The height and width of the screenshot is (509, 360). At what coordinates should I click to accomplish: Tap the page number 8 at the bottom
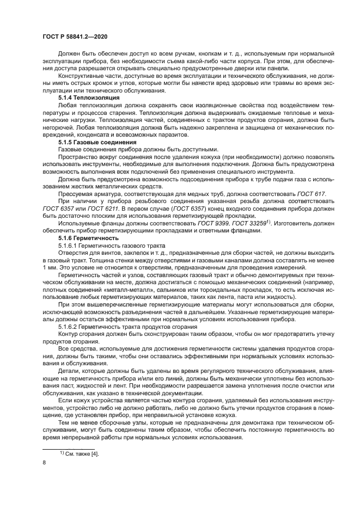[44, 462]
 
